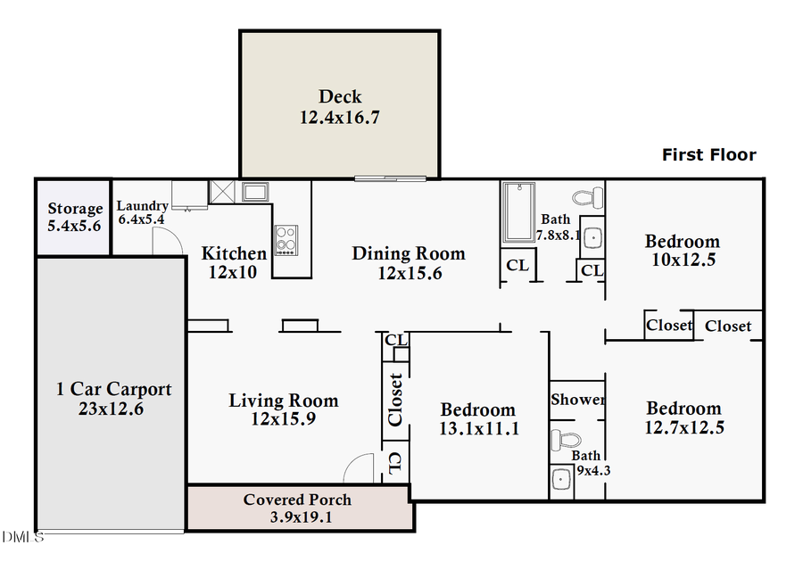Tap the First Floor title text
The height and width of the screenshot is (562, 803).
[708, 155]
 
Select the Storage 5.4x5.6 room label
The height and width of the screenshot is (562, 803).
[74, 218]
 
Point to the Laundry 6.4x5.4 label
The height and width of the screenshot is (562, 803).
[143, 212]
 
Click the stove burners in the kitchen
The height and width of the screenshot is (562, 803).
[286, 238]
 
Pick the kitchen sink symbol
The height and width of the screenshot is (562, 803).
[255, 192]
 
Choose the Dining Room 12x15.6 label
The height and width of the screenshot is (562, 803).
[409, 263]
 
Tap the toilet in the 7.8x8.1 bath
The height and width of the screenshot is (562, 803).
[586, 195]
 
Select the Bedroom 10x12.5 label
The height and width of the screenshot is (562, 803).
[683, 251]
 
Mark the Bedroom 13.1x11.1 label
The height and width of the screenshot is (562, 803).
[478, 419]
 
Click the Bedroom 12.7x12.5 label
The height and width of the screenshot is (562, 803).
[684, 417]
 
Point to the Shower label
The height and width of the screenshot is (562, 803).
[577, 400]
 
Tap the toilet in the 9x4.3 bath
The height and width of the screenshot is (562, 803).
[564, 440]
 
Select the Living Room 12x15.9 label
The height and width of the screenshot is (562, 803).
[284, 409]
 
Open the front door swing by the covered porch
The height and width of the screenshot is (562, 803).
[360, 469]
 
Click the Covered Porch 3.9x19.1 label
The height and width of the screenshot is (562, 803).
[298, 508]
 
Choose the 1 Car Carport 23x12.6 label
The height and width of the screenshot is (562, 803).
[113, 399]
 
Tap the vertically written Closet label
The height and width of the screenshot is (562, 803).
[396, 399]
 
